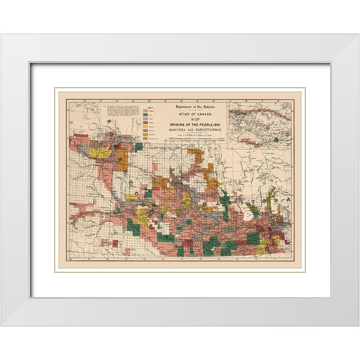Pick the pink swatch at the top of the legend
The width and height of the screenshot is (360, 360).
click(144, 110)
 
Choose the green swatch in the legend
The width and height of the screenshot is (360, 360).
click(144, 115)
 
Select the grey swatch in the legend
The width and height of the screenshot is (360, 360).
click(144, 118)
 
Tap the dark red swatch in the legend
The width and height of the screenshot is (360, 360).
click(144, 123)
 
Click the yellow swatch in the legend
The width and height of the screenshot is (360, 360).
click(144, 127)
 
